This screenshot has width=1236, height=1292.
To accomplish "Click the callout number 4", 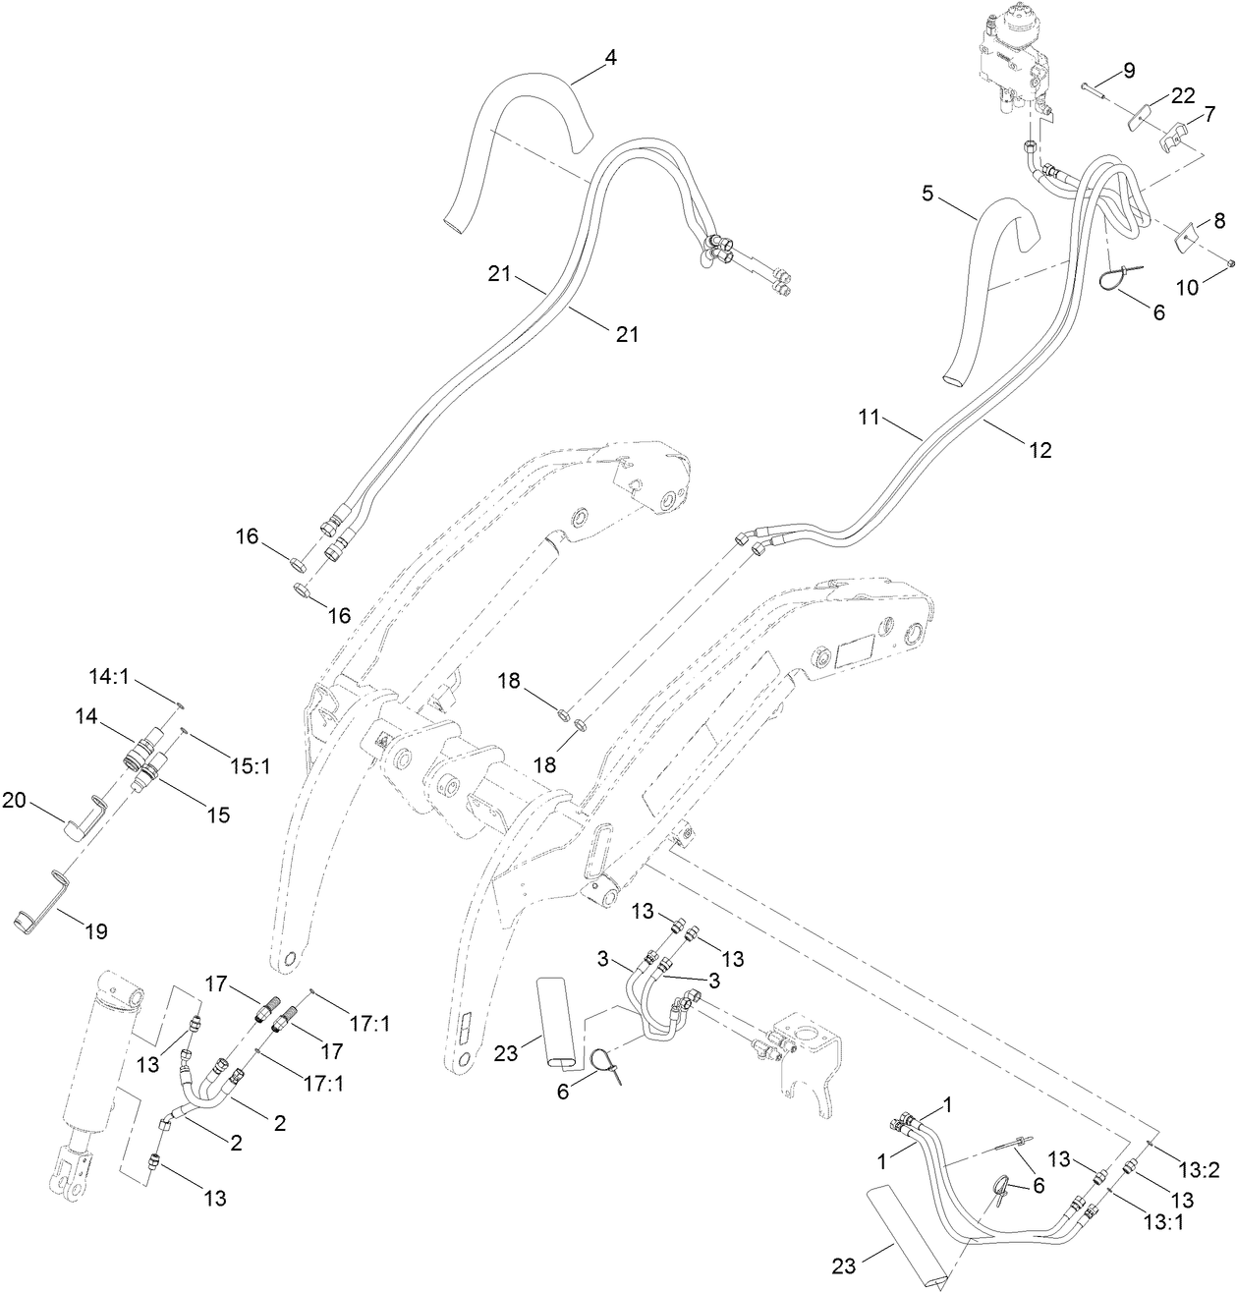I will (610, 57).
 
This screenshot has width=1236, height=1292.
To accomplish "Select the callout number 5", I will (927, 193).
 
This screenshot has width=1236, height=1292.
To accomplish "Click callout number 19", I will (96, 930).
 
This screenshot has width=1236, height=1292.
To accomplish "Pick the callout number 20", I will (14, 800).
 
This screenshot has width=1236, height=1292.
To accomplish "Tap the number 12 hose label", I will (1039, 450).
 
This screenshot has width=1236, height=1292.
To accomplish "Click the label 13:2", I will (1199, 1169).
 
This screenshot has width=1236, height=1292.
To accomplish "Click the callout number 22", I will (1182, 95).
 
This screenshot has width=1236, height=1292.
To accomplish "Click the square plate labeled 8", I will (1188, 233).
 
